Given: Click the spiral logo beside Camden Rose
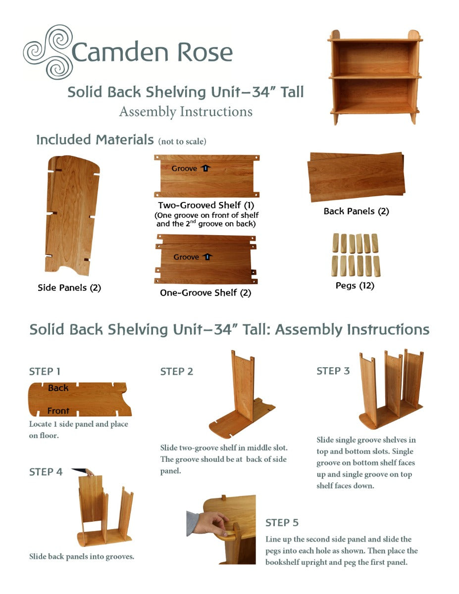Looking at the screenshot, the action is [49, 52].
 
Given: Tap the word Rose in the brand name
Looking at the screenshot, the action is [205, 52].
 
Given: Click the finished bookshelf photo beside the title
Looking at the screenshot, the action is [375, 77].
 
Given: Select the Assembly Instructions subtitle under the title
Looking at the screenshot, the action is [186, 112].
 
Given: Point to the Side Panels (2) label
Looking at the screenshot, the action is [69, 288].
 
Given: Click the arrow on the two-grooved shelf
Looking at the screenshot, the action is [205, 168].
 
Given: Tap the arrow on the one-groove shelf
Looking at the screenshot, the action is [207, 257].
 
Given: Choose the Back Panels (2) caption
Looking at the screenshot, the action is [356, 211].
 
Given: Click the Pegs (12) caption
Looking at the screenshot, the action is [355, 286].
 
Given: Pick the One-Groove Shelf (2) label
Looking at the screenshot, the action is [205, 293].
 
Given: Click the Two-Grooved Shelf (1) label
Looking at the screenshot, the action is [206, 205].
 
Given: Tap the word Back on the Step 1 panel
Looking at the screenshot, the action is [58, 388].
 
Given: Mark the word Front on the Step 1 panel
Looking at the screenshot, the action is [58, 410].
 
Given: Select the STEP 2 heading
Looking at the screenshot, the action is [177, 372].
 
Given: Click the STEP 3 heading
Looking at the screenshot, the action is [333, 371].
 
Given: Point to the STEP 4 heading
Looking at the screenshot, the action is [46, 472].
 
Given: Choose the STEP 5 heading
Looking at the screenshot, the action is [282, 523].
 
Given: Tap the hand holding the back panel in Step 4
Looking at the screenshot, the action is [89, 472].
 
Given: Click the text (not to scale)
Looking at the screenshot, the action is [182, 142].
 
